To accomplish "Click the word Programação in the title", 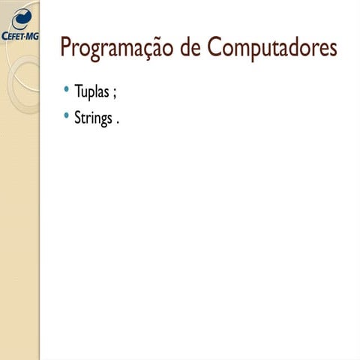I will pyautogui.click(x=117, y=49).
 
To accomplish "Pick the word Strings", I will pyautogui.click(x=93, y=118).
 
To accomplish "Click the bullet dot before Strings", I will pyautogui.click(x=67, y=115).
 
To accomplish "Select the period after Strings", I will pyautogui.click(x=118, y=121).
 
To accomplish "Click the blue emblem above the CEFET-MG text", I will pyautogui.click(x=22, y=16).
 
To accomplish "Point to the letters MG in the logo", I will pyautogui.click(x=31, y=35).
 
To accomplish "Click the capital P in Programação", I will pyautogui.click(x=66, y=48).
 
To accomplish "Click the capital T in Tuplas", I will pyautogui.click(x=78, y=93).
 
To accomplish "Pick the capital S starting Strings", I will pyautogui.click(x=77, y=118).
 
